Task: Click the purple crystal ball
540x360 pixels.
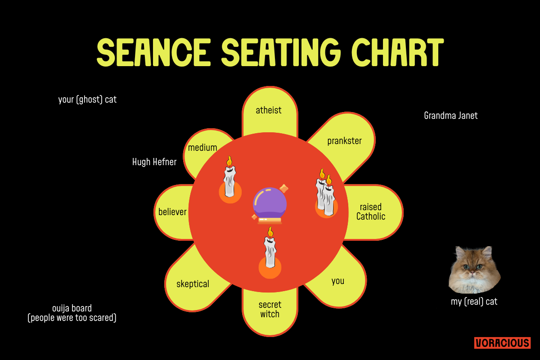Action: pos(270,203)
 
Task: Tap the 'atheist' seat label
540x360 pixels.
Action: pos(269,110)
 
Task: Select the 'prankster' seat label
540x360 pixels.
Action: pos(344,141)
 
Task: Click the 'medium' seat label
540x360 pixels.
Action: pos(202,148)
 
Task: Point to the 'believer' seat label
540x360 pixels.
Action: pos(172,212)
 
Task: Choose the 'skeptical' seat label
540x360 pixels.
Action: pos(193,284)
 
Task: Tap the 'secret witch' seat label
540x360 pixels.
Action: pos(270,310)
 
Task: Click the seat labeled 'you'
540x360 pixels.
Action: pos(337,281)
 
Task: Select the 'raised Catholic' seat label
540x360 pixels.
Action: pos(371,211)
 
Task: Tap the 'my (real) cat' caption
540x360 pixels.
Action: pos(474,302)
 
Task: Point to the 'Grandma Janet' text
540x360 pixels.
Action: pos(450,116)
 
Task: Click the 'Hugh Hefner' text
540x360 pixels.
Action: pos(154,162)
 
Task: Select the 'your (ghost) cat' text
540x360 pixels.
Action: pos(87,99)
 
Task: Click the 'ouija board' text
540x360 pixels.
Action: pos(72,309)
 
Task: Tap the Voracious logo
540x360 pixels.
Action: pos(502,343)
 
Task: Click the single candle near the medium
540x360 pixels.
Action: pos(230,180)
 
